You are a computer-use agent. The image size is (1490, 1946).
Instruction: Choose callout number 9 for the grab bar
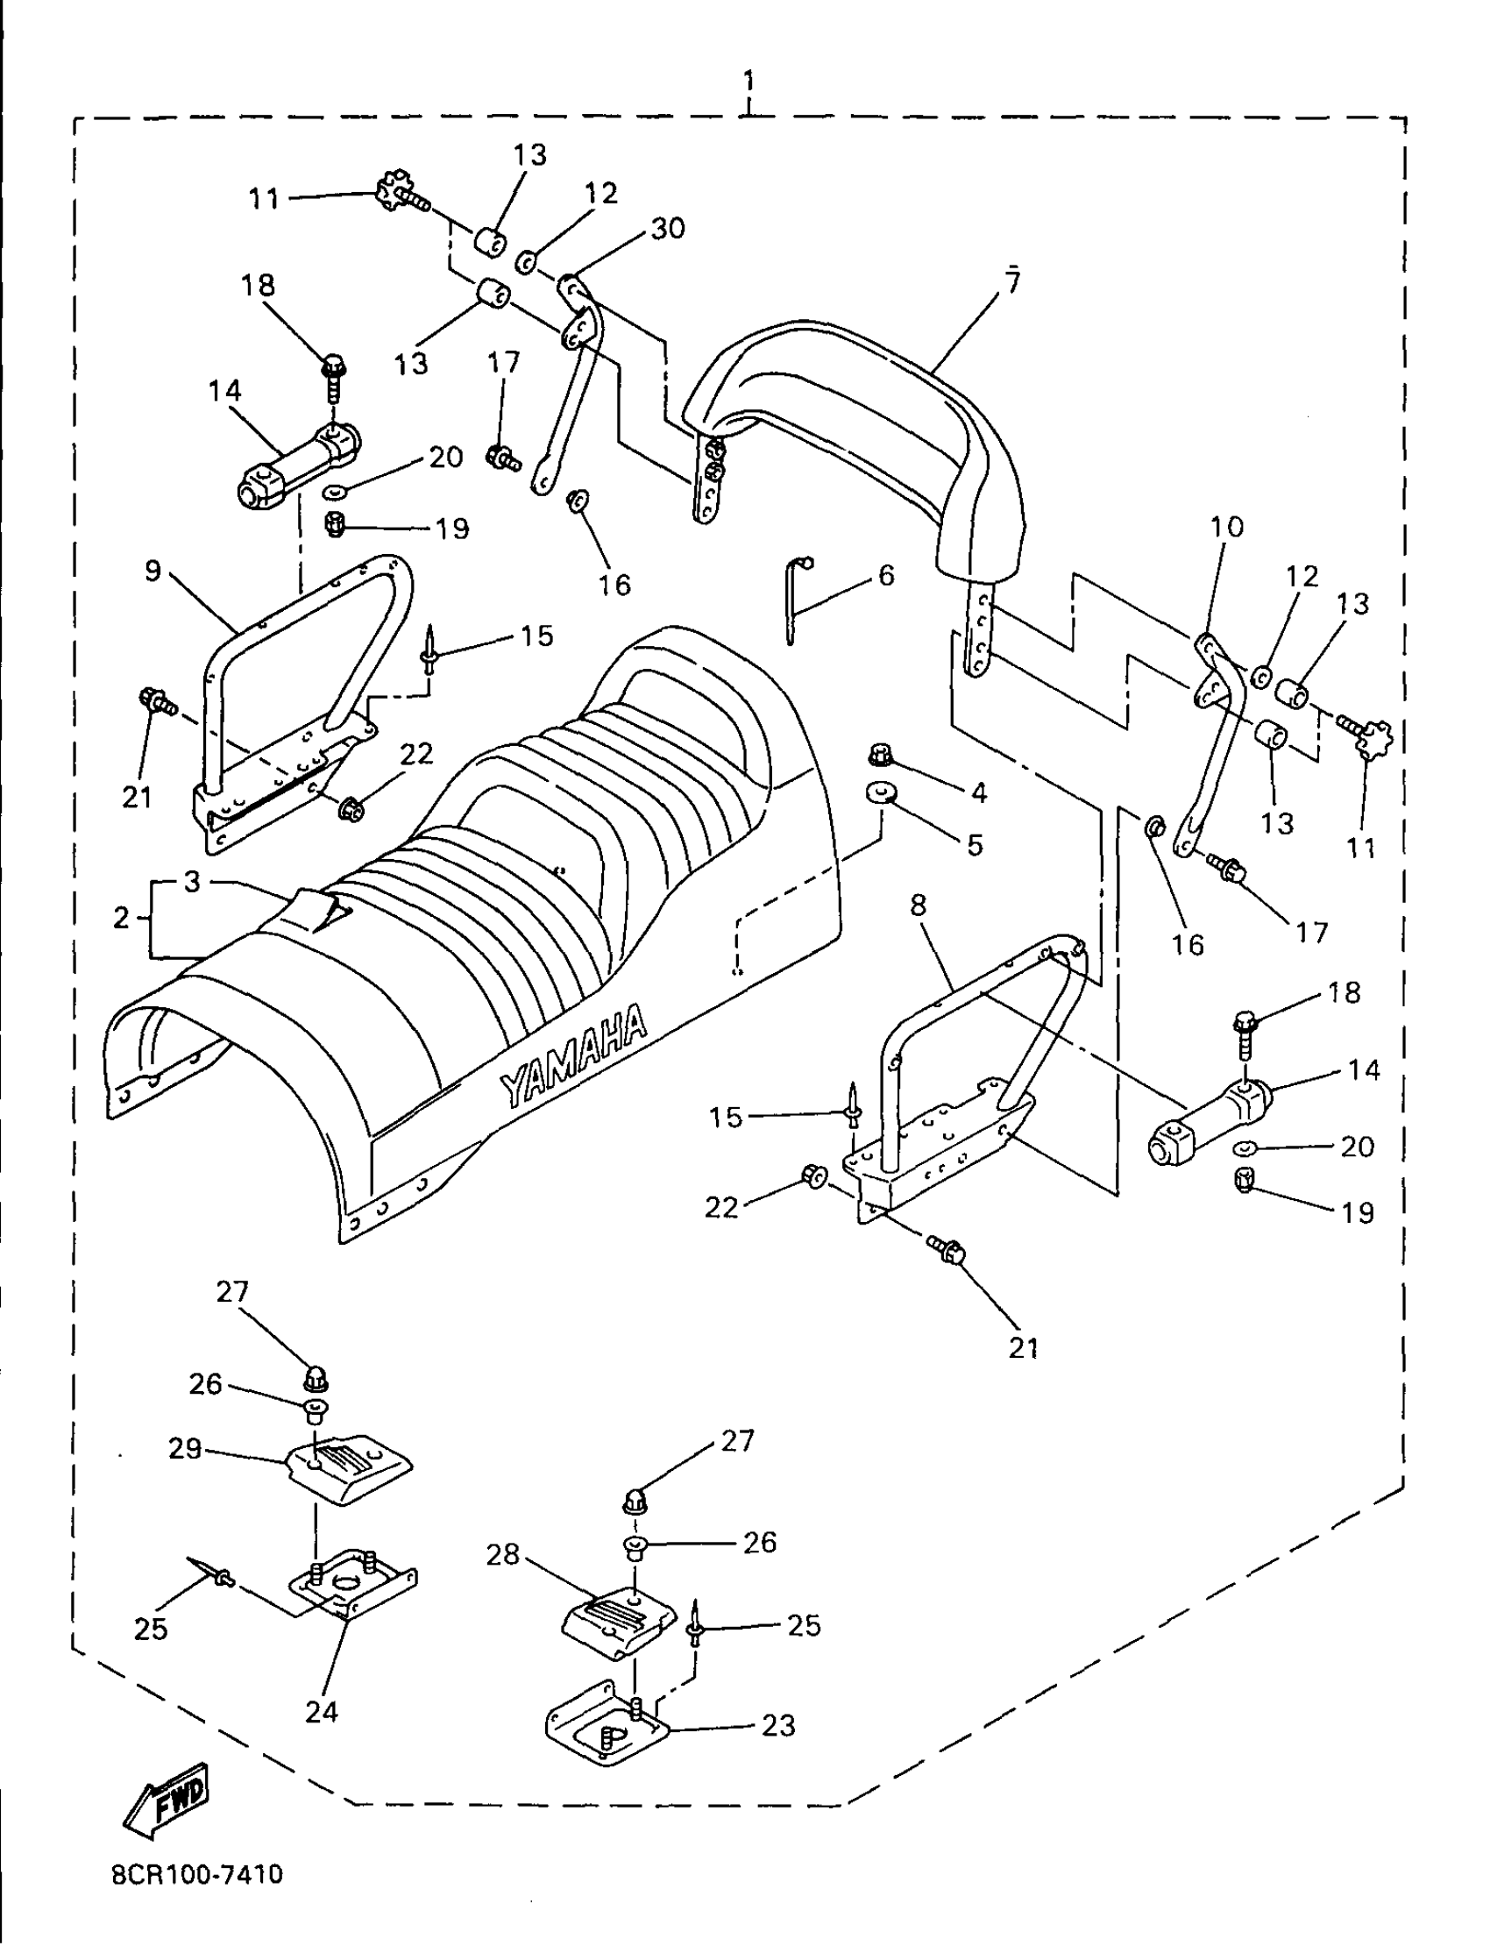(x=153, y=571)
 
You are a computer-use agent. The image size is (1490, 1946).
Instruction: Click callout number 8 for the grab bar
(x=918, y=905)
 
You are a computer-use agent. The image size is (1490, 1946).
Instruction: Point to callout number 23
(x=777, y=1725)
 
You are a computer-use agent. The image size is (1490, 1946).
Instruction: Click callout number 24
(x=321, y=1711)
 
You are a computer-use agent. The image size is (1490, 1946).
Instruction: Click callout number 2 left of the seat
(x=122, y=917)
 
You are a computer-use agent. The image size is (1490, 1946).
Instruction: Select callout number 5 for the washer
(x=975, y=844)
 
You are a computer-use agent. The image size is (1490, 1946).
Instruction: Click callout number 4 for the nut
(x=978, y=792)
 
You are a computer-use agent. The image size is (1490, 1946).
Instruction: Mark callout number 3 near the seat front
(x=193, y=881)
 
